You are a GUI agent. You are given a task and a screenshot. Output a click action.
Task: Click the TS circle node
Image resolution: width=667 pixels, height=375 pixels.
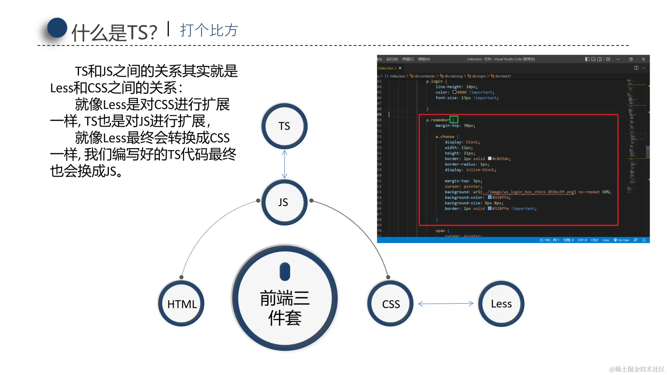pyautogui.click(x=284, y=126)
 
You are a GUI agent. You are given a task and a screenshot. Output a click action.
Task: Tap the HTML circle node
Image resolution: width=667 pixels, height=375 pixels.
pyautogui.click(x=181, y=304)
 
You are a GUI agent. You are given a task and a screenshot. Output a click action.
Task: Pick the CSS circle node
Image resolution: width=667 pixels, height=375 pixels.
pyautogui.click(x=390, y=304)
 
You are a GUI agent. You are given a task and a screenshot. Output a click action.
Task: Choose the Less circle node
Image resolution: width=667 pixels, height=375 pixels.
pyautogui.click(x=501, y=304)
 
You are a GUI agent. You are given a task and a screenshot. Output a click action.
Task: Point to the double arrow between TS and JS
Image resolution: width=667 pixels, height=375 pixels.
pyautogui.click(x=285, y=164)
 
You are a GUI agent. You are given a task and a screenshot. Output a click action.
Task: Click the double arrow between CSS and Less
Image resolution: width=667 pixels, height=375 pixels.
pyautogui.click(x=446, y=303)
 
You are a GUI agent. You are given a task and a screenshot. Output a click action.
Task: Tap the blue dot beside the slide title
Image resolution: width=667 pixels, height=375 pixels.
pyautogui.click(x=57, y=28)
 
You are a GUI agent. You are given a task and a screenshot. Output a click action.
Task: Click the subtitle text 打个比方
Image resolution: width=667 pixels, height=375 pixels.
pyautogui.click(x=209, y=30)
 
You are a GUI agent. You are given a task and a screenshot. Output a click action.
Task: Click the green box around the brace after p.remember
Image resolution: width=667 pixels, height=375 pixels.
pyautogui.click(x=454, y=120)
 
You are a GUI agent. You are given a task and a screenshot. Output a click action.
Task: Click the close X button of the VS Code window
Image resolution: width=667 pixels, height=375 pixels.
pyautogui.click(x=643, y=59)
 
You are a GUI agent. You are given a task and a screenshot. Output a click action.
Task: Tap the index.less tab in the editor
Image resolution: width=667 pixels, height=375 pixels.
pyautogui.click(x=386, y=68)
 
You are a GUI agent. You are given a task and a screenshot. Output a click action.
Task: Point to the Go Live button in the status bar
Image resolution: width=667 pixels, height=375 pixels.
pyautogui.click(x=621, y=240)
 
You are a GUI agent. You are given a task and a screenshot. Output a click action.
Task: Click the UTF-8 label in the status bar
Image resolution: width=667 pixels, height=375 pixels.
pyautogui.click(x=582, y=240)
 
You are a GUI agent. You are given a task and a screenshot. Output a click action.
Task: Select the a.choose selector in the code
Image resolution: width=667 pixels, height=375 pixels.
pyautogui.click(x=445, y=136)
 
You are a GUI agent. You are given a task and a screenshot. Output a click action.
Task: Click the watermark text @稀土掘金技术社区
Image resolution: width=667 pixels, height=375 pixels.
pyautogui.click(x=636, y=369)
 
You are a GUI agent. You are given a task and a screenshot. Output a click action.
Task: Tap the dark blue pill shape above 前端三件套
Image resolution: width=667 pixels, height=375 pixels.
pyautogui.click(x=285, y=272)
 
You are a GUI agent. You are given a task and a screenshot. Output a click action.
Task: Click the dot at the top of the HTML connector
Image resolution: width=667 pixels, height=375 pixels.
pyautogui.click(x=181, y=277)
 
